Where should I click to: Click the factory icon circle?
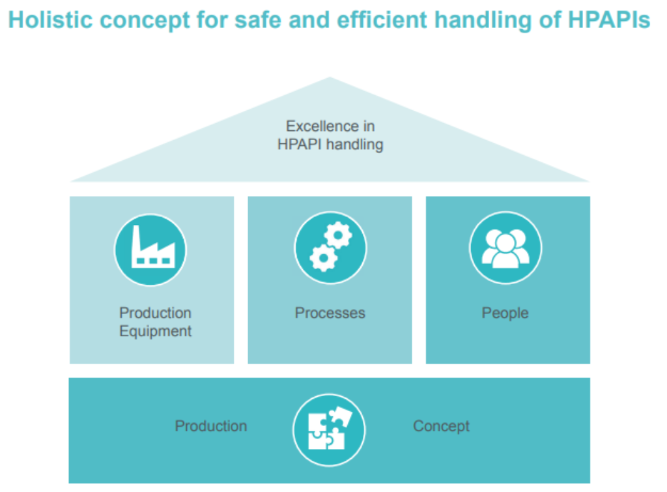[150, 250]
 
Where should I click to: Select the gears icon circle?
[330, 248]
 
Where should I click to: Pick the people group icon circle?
[505, 248]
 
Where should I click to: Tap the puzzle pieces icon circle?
[329, 430]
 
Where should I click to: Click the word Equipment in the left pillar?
[155, 331]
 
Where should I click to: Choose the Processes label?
[330, 313]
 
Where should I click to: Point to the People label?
[505, 313]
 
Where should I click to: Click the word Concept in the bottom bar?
[441, 426]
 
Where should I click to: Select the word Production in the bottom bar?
[211, 426]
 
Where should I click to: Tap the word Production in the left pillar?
[155, 313]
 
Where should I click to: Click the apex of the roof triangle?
[330, 77]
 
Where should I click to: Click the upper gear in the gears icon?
[338, 235]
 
